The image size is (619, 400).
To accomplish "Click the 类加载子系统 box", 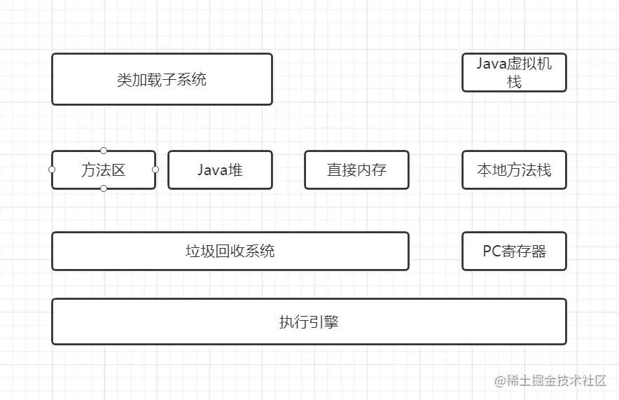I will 162,79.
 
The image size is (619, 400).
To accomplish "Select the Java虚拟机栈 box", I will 514,72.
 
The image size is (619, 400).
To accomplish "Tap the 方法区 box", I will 104,170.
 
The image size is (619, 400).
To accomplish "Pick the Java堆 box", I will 220,170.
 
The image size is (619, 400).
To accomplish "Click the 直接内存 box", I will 356,170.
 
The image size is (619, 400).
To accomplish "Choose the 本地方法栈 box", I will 514,170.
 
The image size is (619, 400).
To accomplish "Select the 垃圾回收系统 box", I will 230,251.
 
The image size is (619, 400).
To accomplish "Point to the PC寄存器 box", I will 514,251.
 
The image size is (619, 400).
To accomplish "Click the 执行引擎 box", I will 309,322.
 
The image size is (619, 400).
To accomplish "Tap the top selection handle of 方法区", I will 104,151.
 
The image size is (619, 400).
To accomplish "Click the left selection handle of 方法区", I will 52,170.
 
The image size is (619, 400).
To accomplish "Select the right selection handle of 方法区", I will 155,170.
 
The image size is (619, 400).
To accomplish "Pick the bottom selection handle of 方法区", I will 104,188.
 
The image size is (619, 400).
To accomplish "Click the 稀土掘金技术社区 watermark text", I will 557,380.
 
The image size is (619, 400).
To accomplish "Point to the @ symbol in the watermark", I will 500,381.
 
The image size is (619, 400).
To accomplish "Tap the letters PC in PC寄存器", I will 492,251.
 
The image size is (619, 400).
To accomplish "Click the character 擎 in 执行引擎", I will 331,322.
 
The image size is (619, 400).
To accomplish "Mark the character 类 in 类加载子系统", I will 125,79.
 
